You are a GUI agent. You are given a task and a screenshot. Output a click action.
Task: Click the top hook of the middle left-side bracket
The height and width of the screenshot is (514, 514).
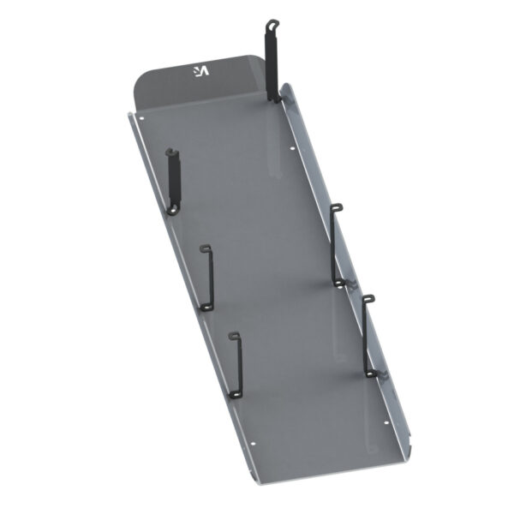pos(206,248)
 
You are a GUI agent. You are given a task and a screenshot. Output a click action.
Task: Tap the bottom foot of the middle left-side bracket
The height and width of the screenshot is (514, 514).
pos(206,307)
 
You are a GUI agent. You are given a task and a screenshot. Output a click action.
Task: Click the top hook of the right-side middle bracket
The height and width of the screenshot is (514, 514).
pos(337,207)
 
